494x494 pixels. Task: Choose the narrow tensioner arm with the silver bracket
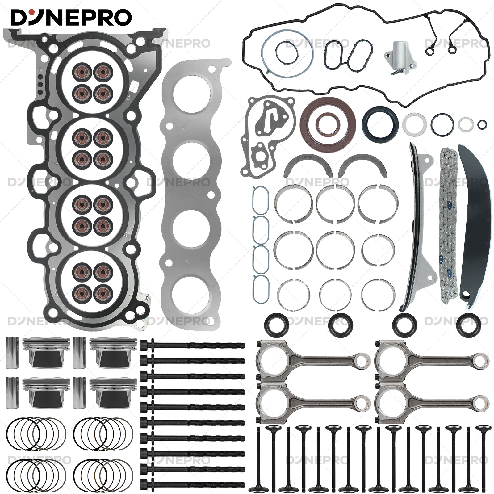[x=415, y=228]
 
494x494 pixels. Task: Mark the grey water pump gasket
[x=266, y=136]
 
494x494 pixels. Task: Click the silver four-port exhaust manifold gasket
[x=191, y=191]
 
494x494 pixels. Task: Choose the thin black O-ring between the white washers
[x=442, y=124]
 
